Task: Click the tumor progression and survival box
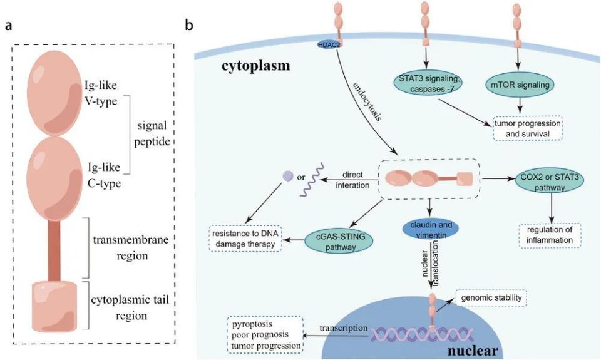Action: pyautogui.click(x=527, y=128)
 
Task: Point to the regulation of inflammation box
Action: pyautogui.click(x=551, y=234)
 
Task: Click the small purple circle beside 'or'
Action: pyautogui.click(x=287, y=177)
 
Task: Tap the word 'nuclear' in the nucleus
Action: pyautogui.click(x=472, y=349)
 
